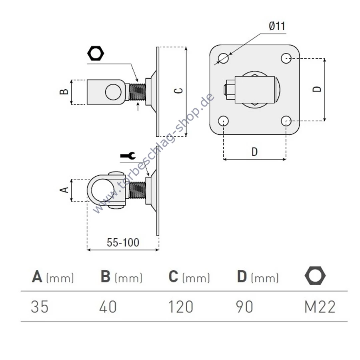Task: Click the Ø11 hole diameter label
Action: click(x=277, y=26)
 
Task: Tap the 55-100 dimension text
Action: click(x=123, y=242)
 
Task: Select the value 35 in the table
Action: click(x=40, y=307)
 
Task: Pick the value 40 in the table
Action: click(x=108, y=307)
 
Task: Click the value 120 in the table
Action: click(x=181, y=307)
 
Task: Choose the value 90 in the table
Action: click(x=244, y=307)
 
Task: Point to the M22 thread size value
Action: click(x=320, y=307)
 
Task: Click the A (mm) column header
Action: click(x=53, y=277)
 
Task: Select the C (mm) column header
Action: click(x=189, y=277)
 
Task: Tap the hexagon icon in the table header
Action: click(x=315, y=276)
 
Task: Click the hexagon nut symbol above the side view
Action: click(x=96, y=53)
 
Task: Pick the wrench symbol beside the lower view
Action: click(x=128, y=156)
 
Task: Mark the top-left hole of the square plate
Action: click(x=223, y=58)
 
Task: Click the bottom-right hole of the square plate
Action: click(x=286, y=121)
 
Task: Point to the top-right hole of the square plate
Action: click(x=286, y=58)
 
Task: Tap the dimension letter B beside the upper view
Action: click(x=64, y=92)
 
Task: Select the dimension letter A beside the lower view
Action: click(x=64, y=190)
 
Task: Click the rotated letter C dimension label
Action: click(x=178, y=91)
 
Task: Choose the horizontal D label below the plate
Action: click(x=254, y=152)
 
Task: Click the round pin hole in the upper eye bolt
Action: click(x=113, y=92)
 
